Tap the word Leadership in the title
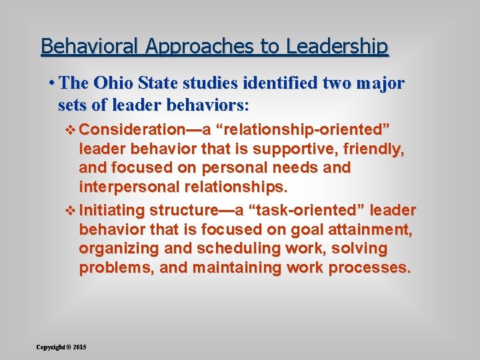click(337, 47)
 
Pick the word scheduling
click(229, 249)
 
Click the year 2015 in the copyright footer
click(80, 347)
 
